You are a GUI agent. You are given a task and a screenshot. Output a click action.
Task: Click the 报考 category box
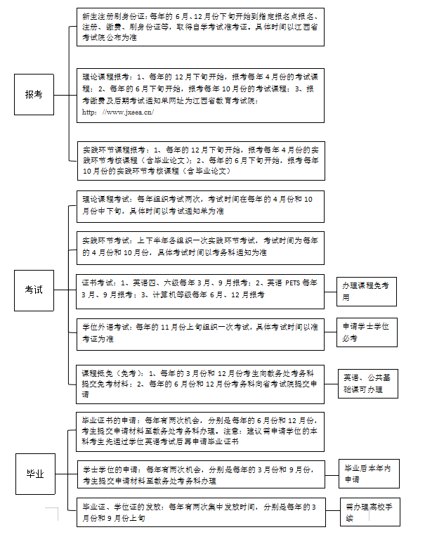34,93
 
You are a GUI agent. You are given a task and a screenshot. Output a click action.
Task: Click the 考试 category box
34,289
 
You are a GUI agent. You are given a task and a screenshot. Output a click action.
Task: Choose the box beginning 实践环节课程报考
200,160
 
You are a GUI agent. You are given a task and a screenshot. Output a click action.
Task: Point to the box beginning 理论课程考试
200,205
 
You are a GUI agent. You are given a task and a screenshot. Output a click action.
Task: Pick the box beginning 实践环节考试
200,247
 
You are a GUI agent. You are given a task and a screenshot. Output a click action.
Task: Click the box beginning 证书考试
200,290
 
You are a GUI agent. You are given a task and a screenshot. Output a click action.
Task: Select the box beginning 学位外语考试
200,332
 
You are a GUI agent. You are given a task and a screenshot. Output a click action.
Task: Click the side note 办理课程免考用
366,290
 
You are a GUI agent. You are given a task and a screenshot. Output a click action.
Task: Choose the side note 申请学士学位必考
366,332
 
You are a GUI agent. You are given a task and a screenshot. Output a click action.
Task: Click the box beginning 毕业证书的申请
200,431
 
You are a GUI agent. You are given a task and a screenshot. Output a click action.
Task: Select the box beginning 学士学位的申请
200,474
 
